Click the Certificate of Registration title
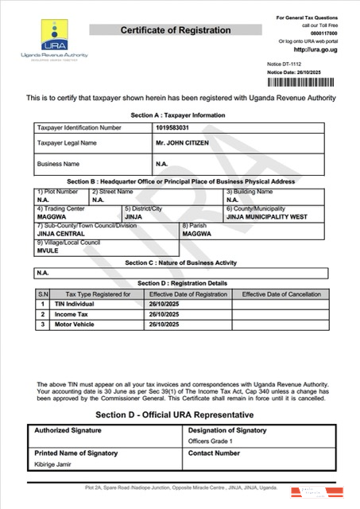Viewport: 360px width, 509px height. coord(176,30)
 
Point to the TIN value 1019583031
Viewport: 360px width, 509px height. coord(174,126)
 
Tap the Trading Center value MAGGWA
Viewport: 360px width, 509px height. coord(50,216)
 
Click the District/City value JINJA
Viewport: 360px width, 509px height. coord(133,216)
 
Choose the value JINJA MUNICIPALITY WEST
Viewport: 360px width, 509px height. coord(265,216)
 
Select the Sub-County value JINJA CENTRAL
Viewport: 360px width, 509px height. coord(61,233)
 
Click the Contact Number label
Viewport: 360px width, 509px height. coord(215,453)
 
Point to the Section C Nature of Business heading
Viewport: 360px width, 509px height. coord(180,262)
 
